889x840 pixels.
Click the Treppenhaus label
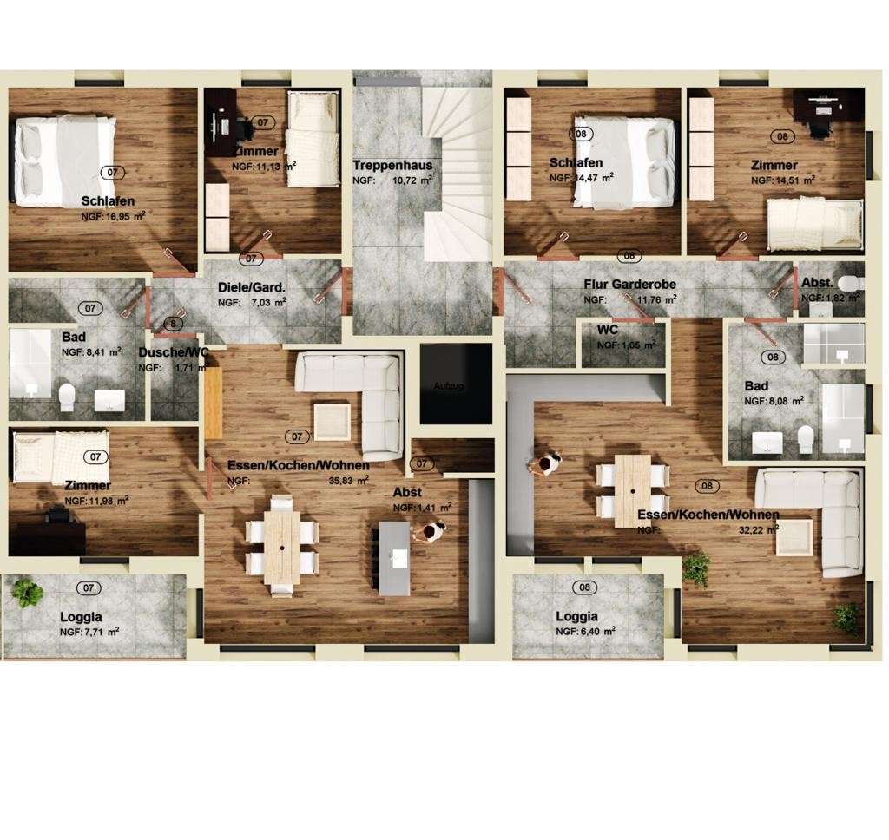(x=392, y=166)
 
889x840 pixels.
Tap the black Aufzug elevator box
(x=456, y=384)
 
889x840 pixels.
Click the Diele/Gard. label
(x=252, y=288)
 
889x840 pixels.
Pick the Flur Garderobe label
(x=629, y=285)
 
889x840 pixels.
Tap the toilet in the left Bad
(x=66, y=398)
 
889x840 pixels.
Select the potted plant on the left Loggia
(x=28, y=593)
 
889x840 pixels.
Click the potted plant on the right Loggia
(x=695, y=568)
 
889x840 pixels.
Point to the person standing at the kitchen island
(x=429, y=531)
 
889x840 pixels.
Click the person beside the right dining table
(x=544, y=464)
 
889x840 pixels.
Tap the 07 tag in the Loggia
(x=88, y=588)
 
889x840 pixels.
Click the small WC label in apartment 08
(x=607, y=330)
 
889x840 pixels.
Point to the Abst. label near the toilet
(x=816, y=283)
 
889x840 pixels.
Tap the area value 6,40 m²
(x=600, y=631)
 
